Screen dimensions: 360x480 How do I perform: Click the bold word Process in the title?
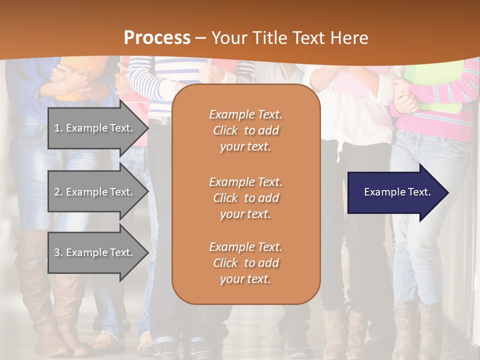click(x=157, y=38)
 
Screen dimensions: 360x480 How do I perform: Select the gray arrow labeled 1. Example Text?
click(x=95, y=128)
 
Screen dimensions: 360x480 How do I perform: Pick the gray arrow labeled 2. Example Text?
click(x=95, y=192)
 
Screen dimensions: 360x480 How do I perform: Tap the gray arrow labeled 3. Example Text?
click(x=95, y=252)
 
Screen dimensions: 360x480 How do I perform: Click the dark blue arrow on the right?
click(x=395, y=192)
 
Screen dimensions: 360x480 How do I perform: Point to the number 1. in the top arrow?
click(x=58, y=128)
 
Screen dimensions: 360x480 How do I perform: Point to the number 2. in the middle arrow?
click(x=58, y=192)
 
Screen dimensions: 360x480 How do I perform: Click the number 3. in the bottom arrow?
click(x=58, y=252)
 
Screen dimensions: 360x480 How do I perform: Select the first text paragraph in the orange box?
click(x=245, y=130)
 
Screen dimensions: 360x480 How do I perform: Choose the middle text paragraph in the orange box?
click(x=245, y=198)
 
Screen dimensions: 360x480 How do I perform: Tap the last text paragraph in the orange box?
click(x=245, y=263)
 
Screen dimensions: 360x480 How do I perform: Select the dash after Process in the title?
click(x=201, y=38)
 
